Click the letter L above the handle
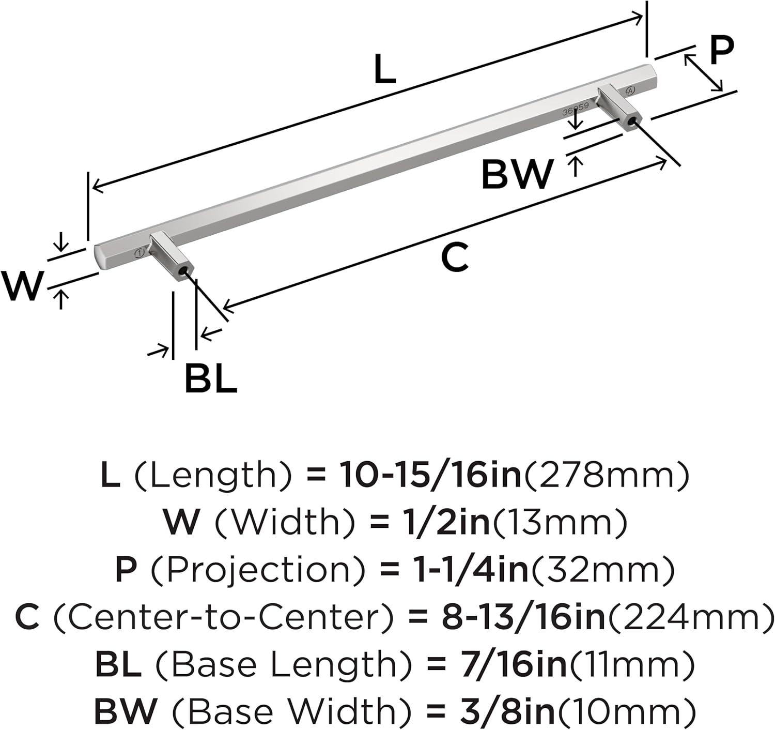385,69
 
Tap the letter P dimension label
722,51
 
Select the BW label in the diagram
518,174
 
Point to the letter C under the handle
455,257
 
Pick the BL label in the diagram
211,378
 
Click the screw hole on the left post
182,272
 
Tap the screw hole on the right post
629,124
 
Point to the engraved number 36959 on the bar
575,110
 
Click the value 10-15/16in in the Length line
431,474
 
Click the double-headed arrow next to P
703,73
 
